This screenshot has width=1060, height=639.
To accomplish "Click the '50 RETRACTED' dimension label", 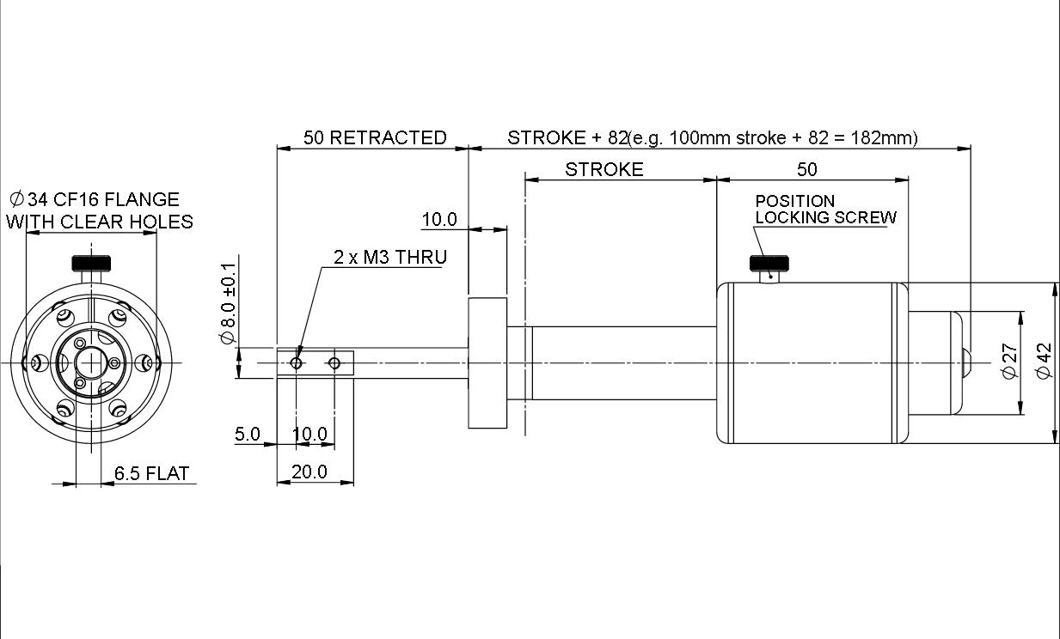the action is [375, 137].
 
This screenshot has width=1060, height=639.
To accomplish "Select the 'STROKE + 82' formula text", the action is [567, 137].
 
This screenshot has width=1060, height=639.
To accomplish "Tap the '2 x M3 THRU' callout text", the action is [390, 257].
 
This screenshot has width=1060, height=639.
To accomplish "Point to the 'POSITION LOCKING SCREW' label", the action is [825, 210].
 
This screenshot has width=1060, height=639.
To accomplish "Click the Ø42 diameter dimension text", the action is [1044, 361].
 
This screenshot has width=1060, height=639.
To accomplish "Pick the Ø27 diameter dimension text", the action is [1010, 361].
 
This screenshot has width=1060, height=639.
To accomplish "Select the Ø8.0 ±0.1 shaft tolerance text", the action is [228, 303].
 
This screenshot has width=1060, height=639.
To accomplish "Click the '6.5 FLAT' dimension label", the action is [151, 473].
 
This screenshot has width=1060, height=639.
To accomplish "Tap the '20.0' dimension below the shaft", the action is [309, 472].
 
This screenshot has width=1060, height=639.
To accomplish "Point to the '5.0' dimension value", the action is [248, 434].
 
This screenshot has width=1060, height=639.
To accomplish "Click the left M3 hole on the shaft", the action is [297, 363].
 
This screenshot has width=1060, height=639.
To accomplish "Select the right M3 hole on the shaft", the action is [334, 363].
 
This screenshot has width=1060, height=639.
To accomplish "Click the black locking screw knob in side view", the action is [769, 263].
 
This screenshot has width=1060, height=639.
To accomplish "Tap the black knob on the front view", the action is [91, 263].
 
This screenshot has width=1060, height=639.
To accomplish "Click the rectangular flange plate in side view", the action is [487, 363].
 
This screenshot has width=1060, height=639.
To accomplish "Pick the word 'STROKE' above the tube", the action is [604, 169].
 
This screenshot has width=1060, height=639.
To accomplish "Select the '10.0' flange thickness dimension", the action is [439, 220].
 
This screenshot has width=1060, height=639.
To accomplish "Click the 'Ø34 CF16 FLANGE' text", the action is [95, 199].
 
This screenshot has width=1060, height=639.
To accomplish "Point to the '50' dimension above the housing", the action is [807, 169].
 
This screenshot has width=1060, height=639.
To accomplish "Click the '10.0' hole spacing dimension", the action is [310, 434].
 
